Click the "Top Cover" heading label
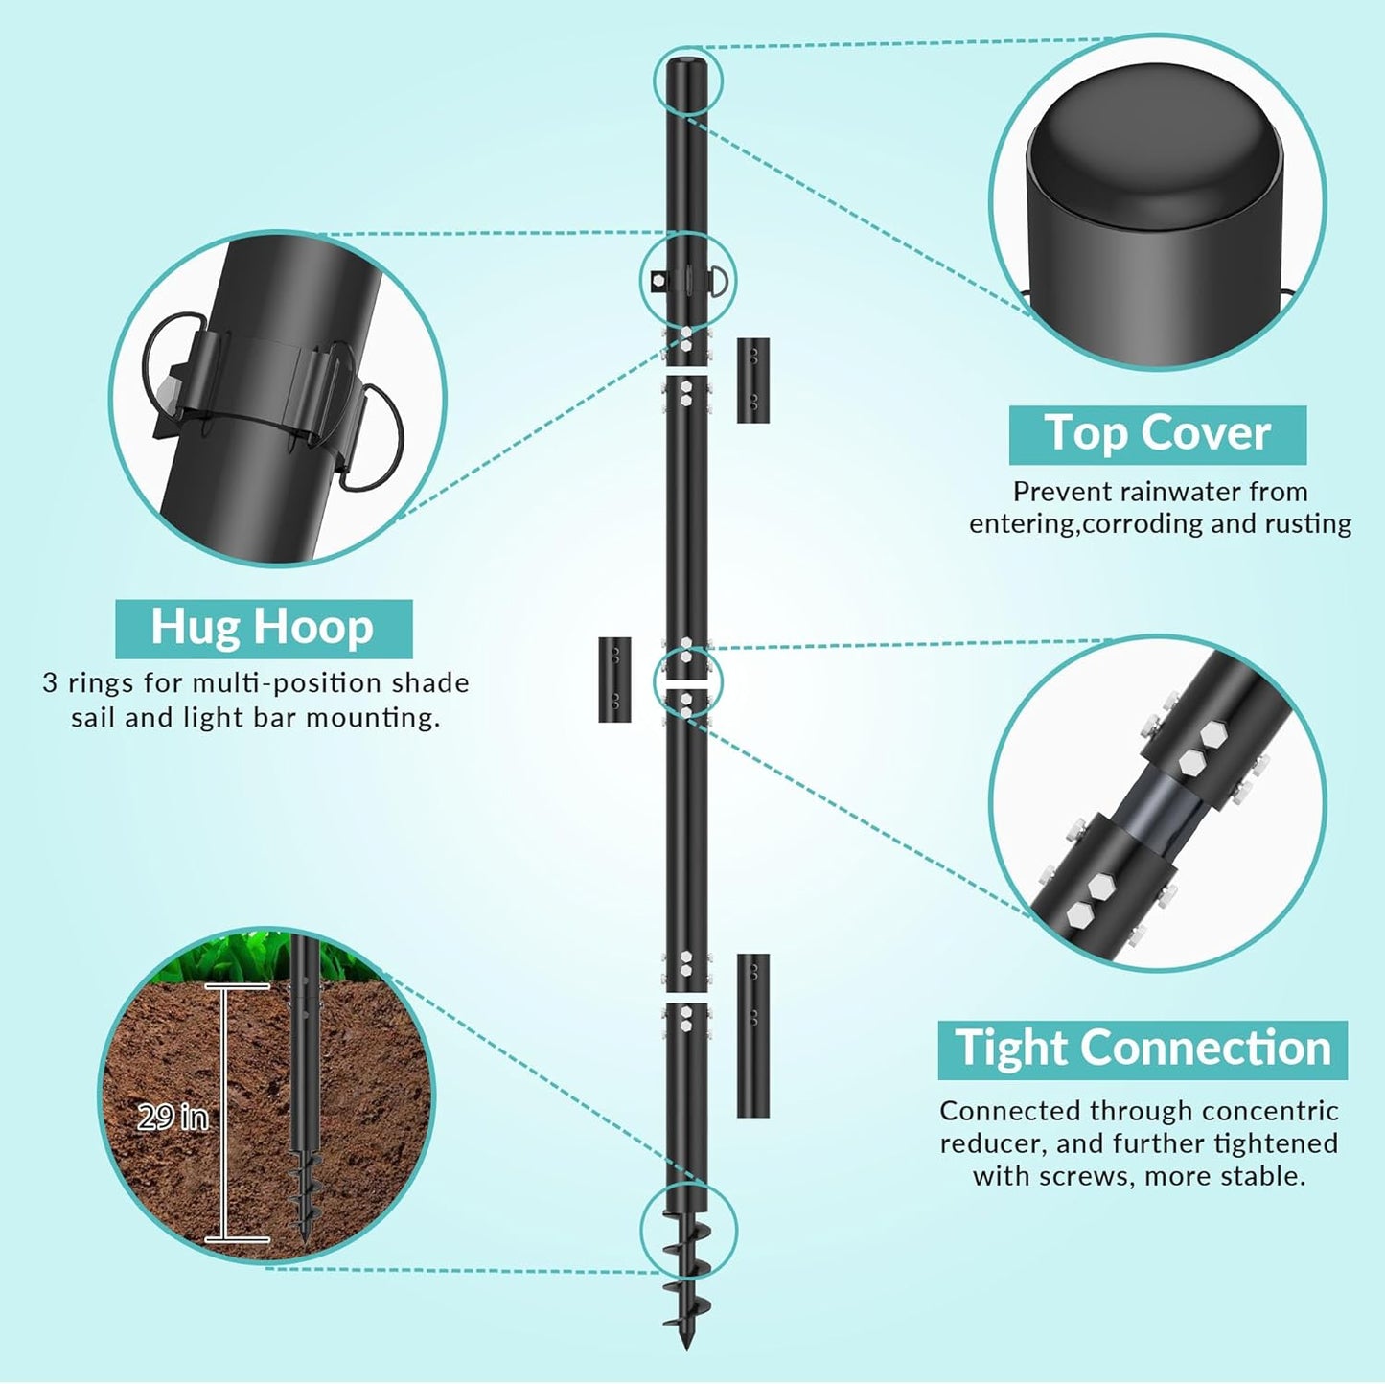(x=1157, y=434)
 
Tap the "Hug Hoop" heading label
(x=263, y=628)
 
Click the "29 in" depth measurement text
(x=173, y=1117)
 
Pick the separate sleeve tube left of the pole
(x=614, y=679)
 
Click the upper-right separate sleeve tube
(x=752, y=380)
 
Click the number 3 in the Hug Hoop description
(x=50, y=683)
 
